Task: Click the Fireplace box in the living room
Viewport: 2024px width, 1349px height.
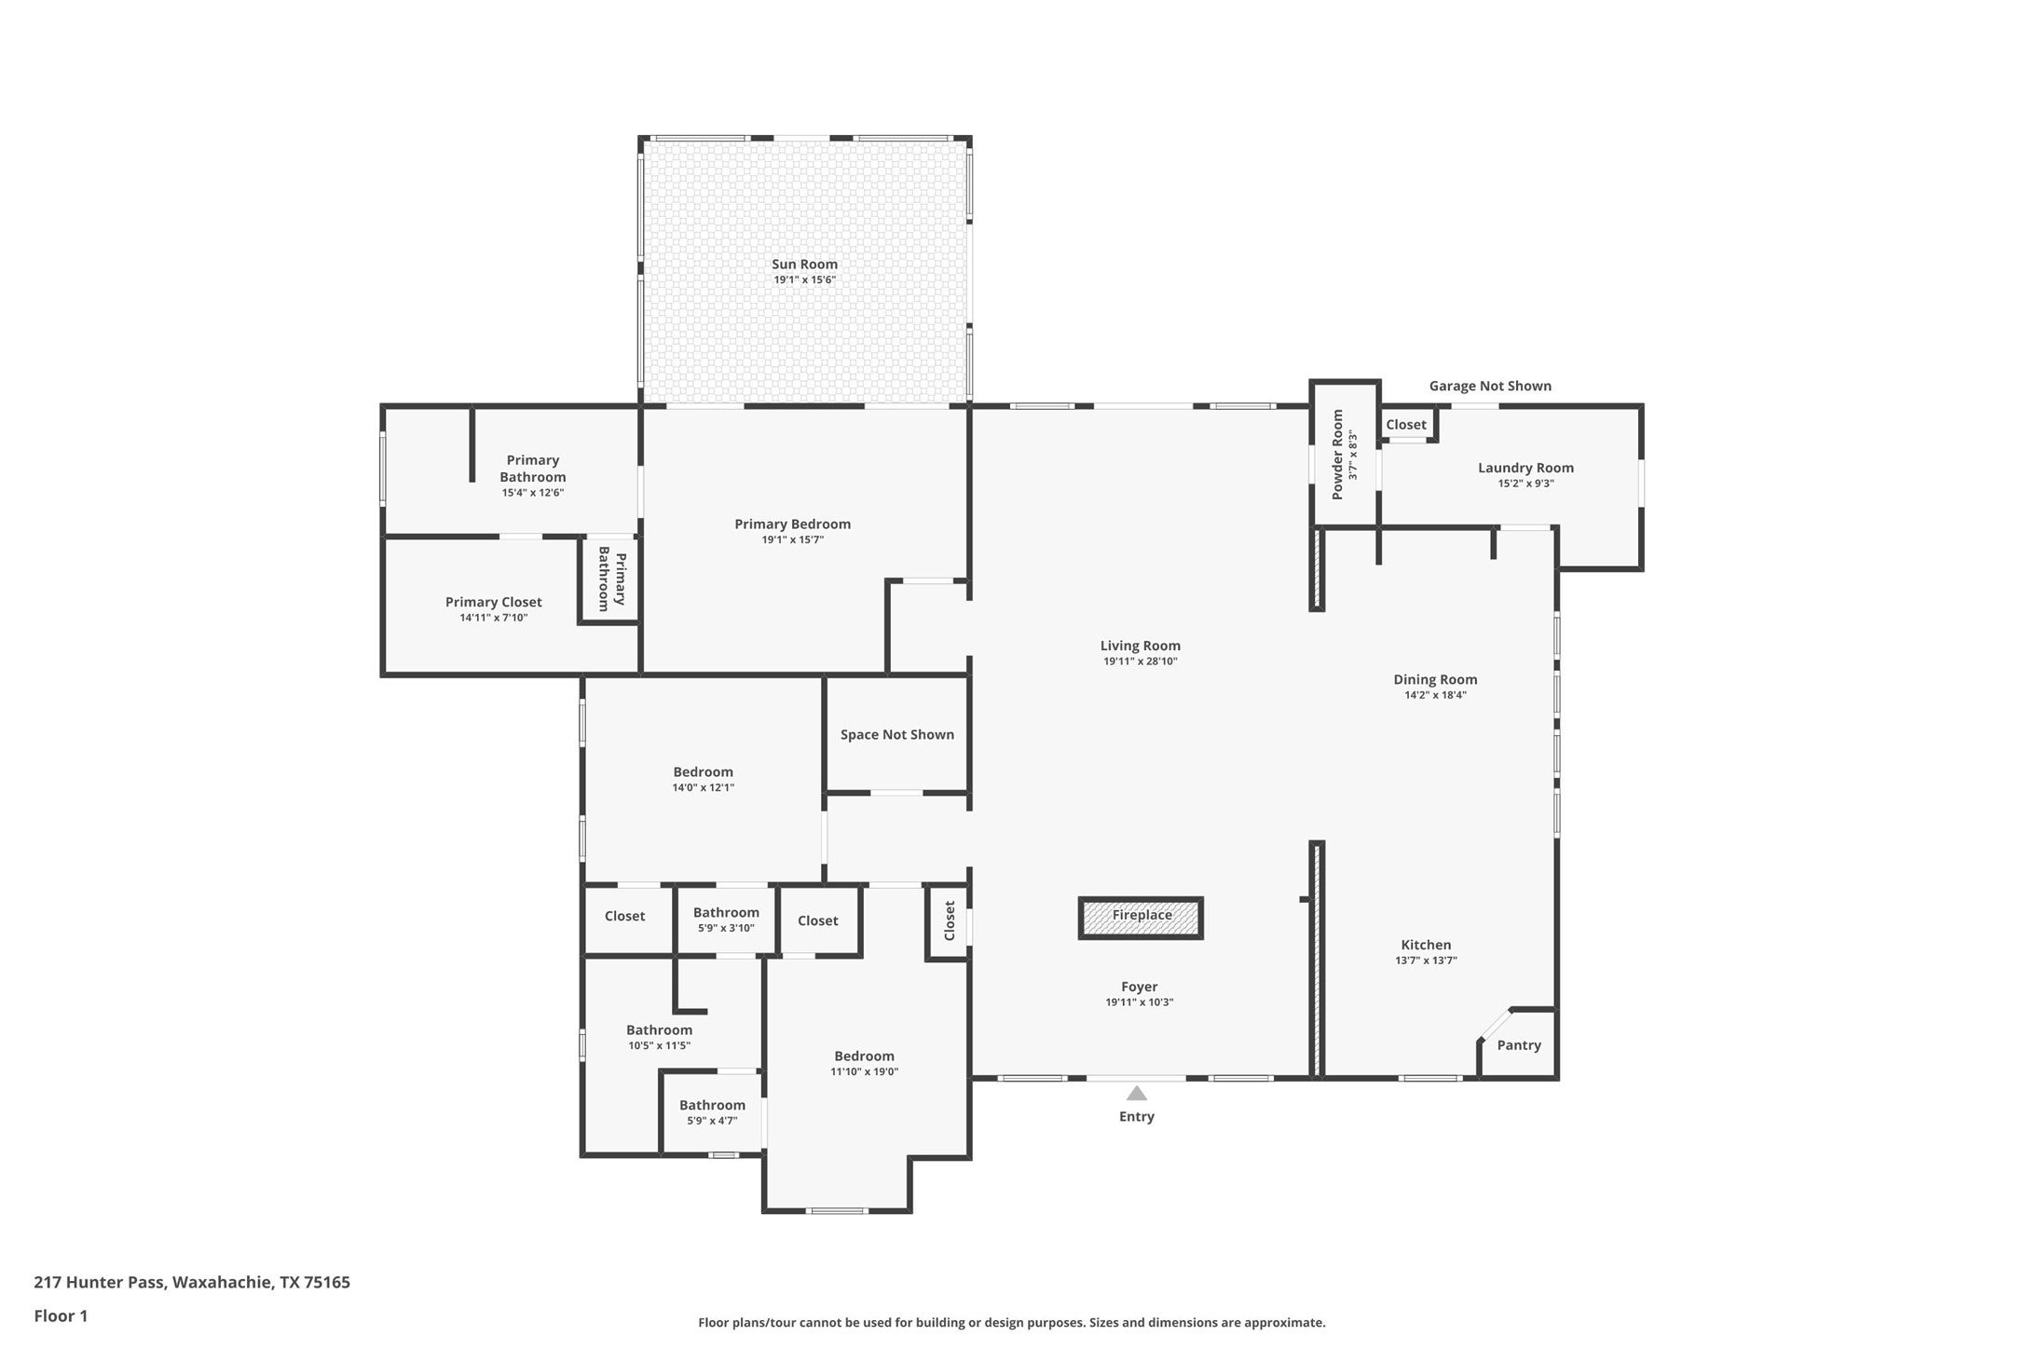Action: (1141, 917)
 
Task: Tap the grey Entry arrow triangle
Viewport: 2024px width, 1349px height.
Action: (1136, 1094)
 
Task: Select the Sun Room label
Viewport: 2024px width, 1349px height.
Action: (804, 265)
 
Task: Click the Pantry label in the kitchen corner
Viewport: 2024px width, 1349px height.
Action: (1518, 1045)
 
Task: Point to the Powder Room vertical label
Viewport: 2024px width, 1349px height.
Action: (1338, 455)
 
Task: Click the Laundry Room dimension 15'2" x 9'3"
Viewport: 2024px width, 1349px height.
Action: (1525, 484)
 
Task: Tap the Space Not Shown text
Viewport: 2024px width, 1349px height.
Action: (896, 735)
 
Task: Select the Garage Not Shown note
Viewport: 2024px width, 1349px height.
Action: (1489, 386)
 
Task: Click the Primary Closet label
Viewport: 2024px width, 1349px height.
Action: (493, 602)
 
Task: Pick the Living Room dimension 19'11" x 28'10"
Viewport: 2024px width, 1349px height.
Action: (1140, 661)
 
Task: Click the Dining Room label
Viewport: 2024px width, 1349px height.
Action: (1435, 680)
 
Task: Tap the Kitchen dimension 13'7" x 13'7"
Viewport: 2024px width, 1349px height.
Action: (1426, 961)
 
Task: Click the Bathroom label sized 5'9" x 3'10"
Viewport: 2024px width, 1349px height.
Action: (726, 913)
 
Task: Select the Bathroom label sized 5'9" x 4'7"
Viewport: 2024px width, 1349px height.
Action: (712, 1106)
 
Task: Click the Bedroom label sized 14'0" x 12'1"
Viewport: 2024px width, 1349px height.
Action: (703, 772)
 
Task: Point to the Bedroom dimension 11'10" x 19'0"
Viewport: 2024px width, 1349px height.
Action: (864, 1072)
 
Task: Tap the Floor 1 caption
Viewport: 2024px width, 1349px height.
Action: (61, 1316)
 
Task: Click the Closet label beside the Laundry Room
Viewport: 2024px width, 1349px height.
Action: (1405, 425)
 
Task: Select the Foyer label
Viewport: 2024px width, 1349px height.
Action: (1139, 987)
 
